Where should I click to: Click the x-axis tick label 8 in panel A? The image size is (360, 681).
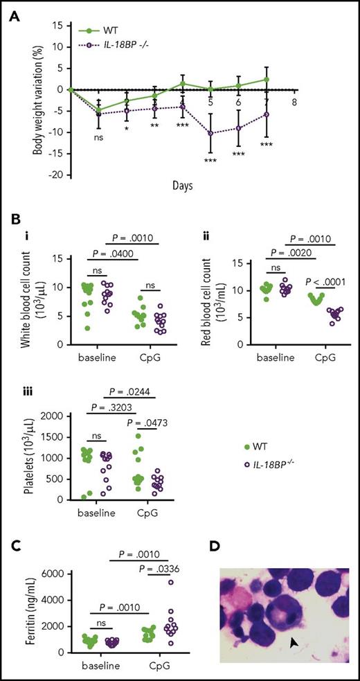296,100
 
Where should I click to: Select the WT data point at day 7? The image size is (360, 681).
267,80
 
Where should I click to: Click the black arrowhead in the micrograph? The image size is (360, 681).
296,626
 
